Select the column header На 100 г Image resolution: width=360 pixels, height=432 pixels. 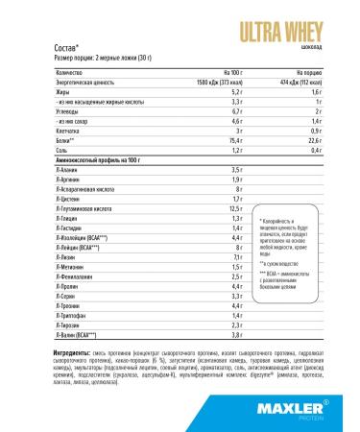pos(230,71)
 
